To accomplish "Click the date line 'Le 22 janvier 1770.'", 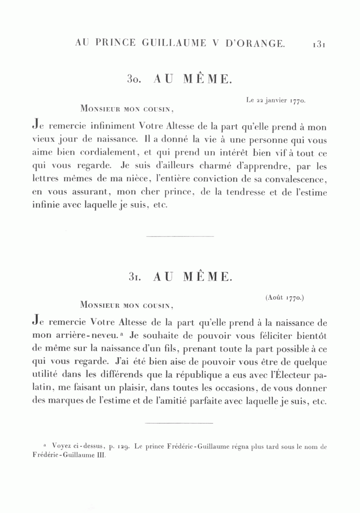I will point(276,101).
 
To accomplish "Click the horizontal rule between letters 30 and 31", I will point(180,236).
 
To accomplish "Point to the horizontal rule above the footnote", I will point(179,422).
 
